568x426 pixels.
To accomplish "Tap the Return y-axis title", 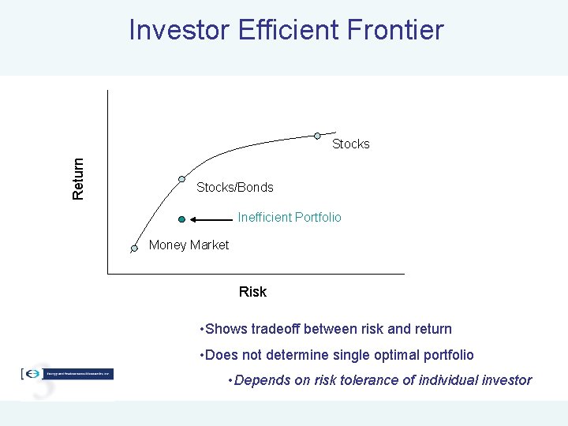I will point(78,177).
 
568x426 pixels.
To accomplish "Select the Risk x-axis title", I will point(252,292).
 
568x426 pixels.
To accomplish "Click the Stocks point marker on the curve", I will point(318,135).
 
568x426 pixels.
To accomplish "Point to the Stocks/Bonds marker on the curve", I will point(181,179).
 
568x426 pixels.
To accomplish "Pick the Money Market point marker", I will point(134,248).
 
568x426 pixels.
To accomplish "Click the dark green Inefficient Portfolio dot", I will point(181,219).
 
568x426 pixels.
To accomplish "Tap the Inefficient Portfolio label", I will point(290,217).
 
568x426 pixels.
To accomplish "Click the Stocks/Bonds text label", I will point(234,188).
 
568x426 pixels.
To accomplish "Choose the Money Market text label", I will point(189,245).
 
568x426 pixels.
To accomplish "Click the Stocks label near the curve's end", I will point(350,144).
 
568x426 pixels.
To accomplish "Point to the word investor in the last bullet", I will point(506,380).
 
